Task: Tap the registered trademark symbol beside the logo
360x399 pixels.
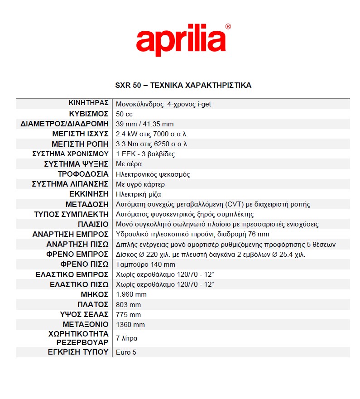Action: click(x=228, y=27)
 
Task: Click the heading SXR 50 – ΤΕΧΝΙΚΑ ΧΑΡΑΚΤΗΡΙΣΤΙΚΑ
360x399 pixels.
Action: click(x=183, y=85)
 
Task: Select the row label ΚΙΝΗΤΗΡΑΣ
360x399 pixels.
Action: click(x=88, y=103)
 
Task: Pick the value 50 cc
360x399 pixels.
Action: click(x=124, y=114)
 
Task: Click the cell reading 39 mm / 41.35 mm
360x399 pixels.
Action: click(x=145, y=124)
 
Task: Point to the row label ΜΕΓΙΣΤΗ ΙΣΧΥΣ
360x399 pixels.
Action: click(x=80, y=134)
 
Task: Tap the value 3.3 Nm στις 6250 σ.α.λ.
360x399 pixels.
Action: click(x=152, y=144)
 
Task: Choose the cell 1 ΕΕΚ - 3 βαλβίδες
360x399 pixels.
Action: click(x=145, y=154)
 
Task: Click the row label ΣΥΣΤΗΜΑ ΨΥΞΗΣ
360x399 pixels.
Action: click(x=76, y=164)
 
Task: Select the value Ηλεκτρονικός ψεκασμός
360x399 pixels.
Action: click(x=153, y=174)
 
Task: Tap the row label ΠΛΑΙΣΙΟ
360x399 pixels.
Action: click(x=93, y=224)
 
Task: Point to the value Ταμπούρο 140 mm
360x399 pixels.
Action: click(x=145, y=264)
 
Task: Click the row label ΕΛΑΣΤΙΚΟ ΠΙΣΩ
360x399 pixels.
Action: click(x=79, y=284)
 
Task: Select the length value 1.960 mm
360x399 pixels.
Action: click(x=129, y=294)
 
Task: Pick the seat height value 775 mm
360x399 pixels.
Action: click(x=129, y=314)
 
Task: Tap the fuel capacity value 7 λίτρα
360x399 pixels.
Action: click(x=127, y=338)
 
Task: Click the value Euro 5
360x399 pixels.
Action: click(x=126, y=352)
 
